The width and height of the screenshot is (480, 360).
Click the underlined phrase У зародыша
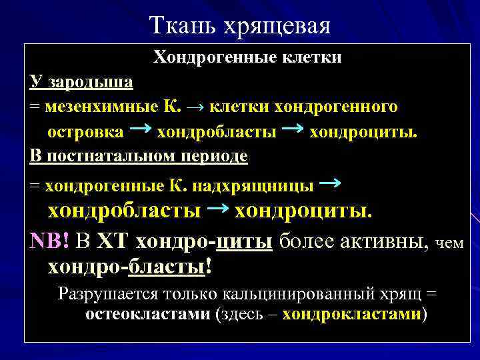tap(81, 82)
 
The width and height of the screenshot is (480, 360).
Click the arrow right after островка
tap(139, 129)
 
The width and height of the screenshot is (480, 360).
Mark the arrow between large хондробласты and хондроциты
tap(217, 209)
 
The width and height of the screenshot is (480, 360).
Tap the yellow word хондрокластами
tap(352, 314)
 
